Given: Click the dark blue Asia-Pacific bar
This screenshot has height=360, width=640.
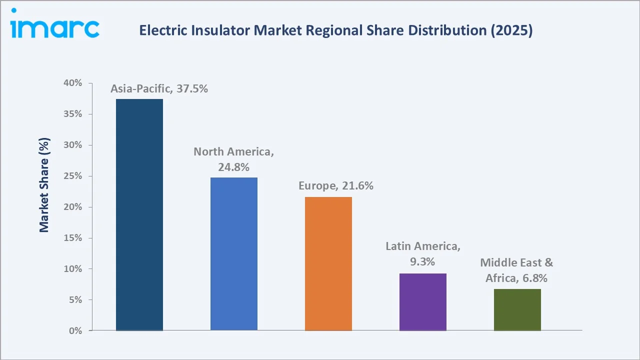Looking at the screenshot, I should point(139,215).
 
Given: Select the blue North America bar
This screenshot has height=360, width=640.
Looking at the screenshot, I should point(234,254).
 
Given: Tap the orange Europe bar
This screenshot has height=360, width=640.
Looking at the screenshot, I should point(328,264).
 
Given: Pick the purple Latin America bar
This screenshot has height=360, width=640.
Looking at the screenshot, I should point(423,302).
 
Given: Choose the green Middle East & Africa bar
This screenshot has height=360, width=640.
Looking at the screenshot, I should point(517,309).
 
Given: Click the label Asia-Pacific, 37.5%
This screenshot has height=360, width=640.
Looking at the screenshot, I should point(159,89).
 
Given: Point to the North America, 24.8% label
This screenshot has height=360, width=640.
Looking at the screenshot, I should point(234,159).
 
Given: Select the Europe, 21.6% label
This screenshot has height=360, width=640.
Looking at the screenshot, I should point(336,186).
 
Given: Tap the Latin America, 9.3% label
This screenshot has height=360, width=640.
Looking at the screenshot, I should point(423,253).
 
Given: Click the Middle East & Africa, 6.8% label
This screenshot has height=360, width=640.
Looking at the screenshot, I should point(517,270).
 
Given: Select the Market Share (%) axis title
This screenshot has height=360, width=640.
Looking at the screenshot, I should point(44,185).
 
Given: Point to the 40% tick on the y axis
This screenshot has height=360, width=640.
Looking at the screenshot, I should point(73,83).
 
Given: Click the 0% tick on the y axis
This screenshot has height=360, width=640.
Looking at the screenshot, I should point(75,331).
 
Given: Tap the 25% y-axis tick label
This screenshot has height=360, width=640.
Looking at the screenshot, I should point(73,176).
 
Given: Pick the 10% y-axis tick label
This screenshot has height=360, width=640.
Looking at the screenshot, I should point(73,269).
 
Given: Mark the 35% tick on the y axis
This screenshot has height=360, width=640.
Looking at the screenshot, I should point(73,114).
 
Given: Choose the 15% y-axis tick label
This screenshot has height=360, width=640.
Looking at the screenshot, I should point(73,238).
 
